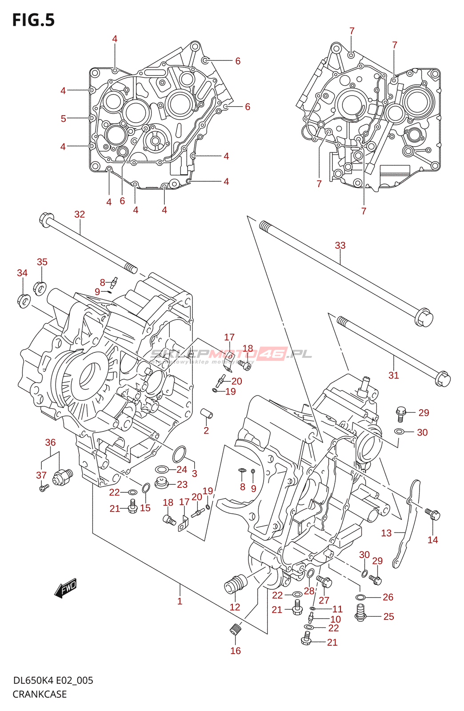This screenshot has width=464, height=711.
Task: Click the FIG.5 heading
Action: click(x=33, y=20)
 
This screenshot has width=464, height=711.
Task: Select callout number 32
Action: click(x=80, y=214)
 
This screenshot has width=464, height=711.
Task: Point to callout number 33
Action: click(x=340, y=245)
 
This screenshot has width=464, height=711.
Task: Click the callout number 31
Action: click(x=394, y=375)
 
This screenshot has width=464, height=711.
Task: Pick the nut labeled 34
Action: click(x=24, y=301)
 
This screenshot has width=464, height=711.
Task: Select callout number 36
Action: click(x=50, y=442)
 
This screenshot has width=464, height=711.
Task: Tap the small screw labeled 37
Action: click(x=43, y=488)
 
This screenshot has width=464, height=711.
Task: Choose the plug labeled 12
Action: click(x=235, y=584)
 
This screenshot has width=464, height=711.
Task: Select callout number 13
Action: click(x=386, y=533)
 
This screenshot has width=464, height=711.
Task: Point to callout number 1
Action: click(x=180, y=601)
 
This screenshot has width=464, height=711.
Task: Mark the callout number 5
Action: click(x=64, y=118)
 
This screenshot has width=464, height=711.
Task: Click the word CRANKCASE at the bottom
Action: click(x=40, y=694)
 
